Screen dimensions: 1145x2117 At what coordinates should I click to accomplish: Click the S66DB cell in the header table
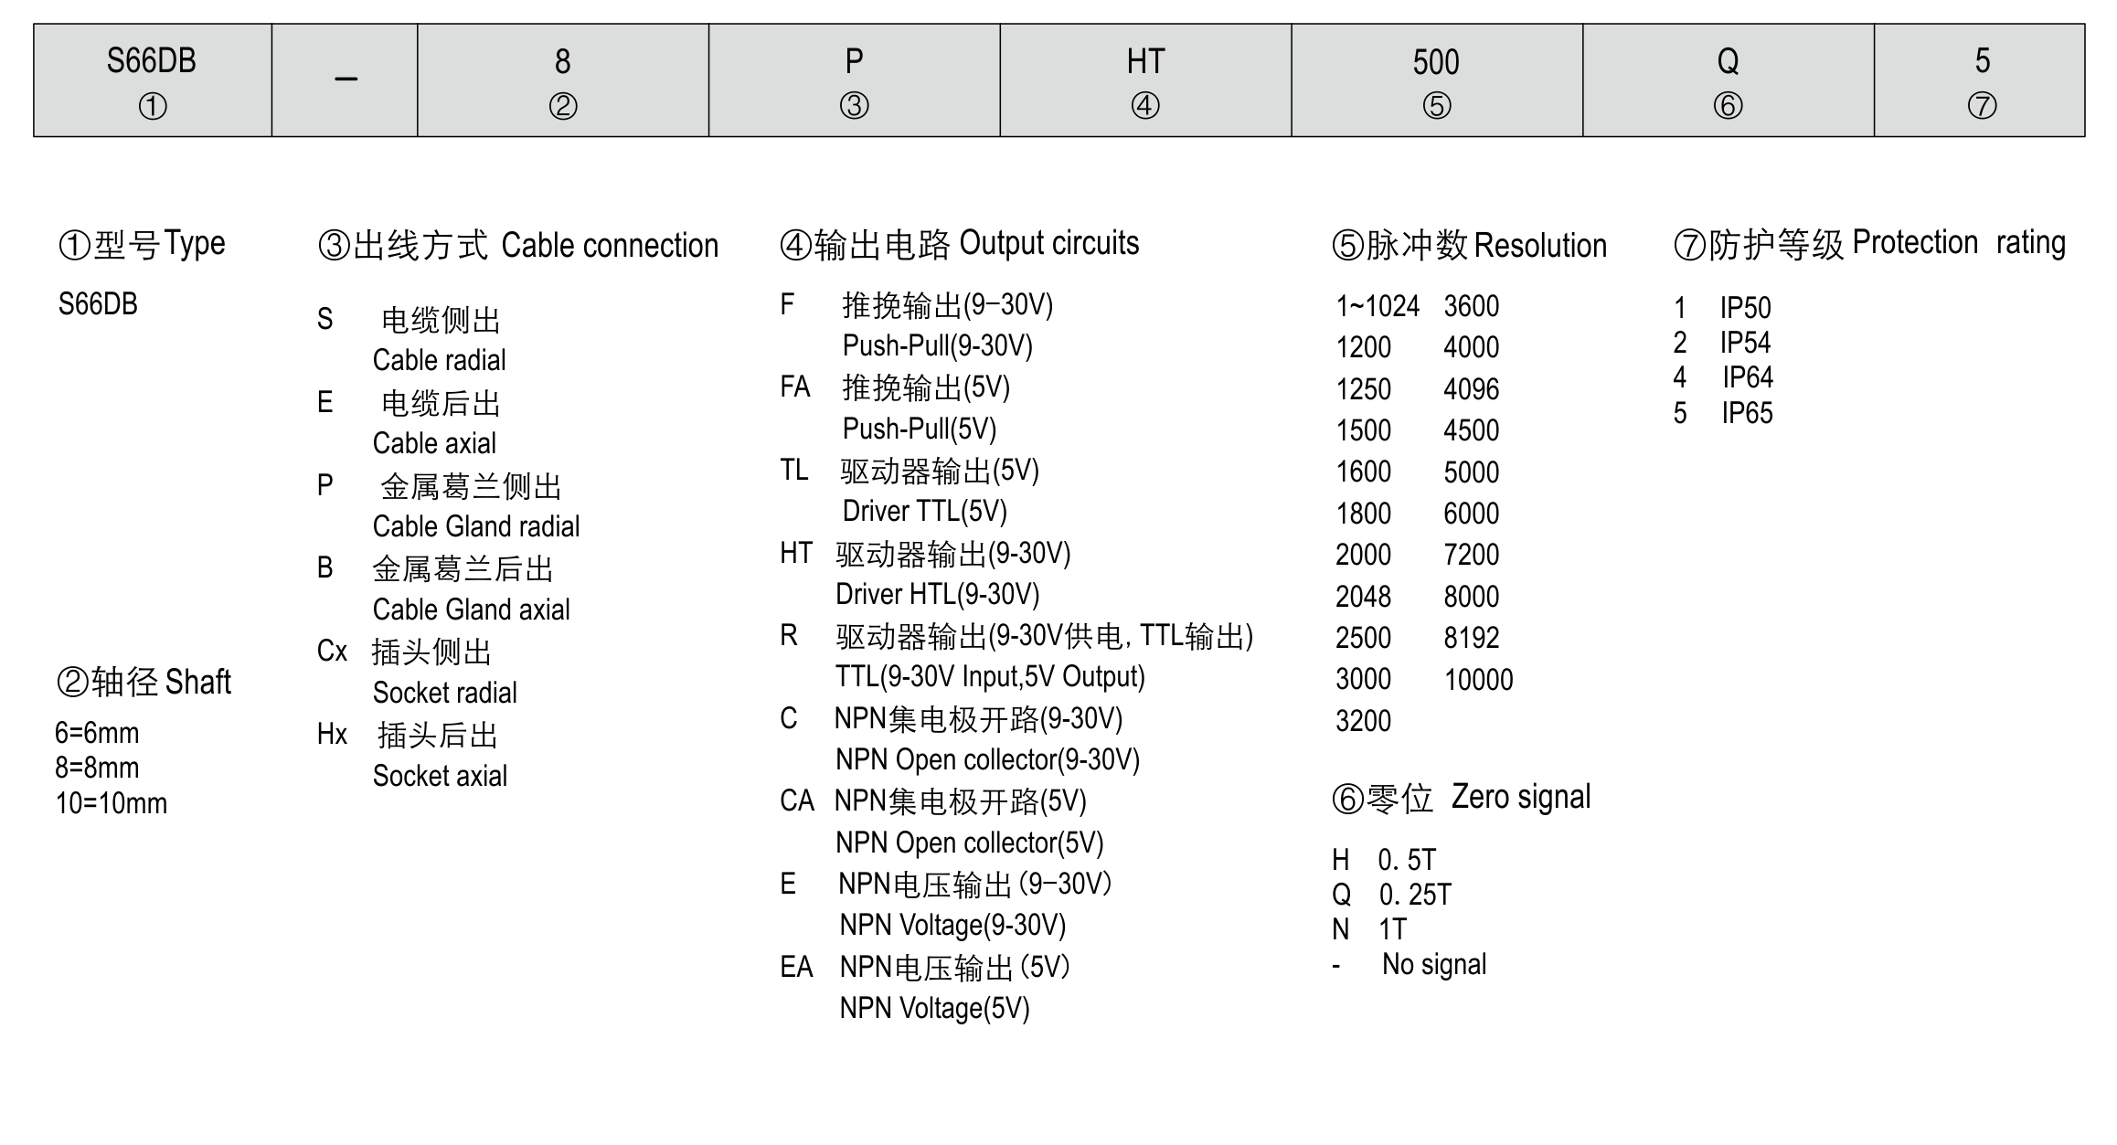tap(152, 80)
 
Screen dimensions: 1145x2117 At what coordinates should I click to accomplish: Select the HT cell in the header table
tap(1144, 80)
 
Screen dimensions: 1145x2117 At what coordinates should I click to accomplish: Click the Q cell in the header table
tap(1728, 80)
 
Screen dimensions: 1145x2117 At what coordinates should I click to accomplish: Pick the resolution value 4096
tap(1471, 389)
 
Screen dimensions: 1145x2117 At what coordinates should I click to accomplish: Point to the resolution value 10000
tap(1478, 680)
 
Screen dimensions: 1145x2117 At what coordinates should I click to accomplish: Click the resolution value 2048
tap(1363, 597)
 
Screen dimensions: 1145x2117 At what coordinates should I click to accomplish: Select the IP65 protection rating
tap(1747, 413)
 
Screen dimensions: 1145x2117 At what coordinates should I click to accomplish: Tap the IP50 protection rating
tap(1745, 308)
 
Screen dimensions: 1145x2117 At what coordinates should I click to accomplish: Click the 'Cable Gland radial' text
tap(475, 526)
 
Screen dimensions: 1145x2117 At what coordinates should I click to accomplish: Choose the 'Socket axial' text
tap(440, 776)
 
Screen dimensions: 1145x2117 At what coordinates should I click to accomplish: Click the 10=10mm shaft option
tap(112, 803)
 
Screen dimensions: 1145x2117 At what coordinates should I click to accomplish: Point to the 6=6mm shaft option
tap(97, 733)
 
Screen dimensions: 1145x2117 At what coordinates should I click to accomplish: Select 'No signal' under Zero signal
tap(1433, 964)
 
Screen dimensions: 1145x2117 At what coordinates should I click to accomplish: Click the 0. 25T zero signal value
tap(1414, 895)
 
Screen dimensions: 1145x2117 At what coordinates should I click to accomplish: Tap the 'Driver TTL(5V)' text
tap(924, 511)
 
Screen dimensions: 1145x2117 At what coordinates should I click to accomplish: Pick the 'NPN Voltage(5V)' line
tap(934, 1008)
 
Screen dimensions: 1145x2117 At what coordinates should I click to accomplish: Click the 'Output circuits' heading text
tap(1048, 243)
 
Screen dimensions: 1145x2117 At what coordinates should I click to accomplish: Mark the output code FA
tap(795, 387)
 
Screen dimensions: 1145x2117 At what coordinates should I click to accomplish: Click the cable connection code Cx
tap(332, 652)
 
